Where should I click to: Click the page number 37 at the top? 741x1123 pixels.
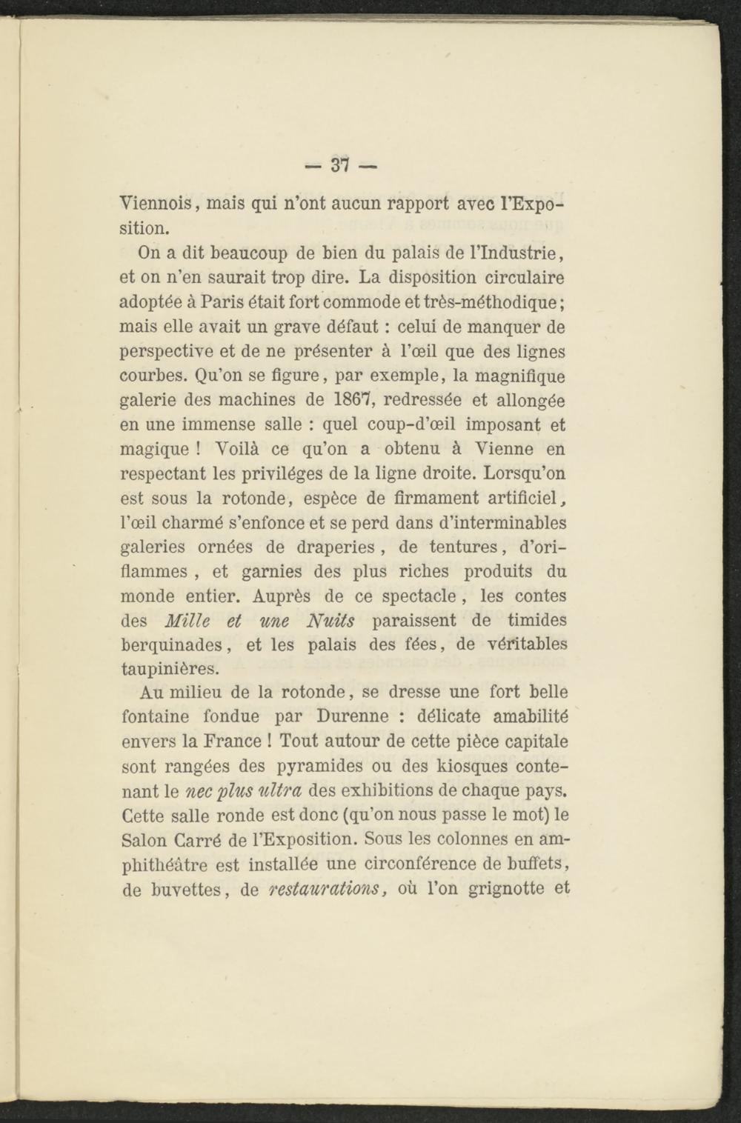[x=341, y=165]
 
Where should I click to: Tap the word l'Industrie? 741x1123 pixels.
[x=525, y=253]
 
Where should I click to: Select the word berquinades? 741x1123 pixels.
[x=176, y=645]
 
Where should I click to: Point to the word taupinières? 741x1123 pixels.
[x=170, y=670]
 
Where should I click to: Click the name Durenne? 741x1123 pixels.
[x=352, y=717]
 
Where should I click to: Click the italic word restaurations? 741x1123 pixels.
[x=322, y=888]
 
